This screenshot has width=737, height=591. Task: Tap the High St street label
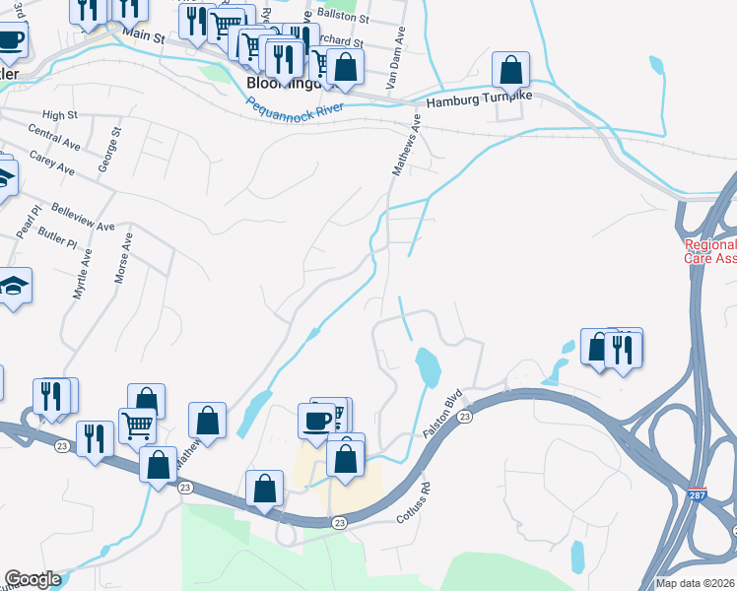coord(60,115)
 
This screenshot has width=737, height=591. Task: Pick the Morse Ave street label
coord(123,258)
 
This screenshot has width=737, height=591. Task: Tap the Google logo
coord(32,579)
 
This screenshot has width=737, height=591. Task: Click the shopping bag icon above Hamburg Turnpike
coord(510,70)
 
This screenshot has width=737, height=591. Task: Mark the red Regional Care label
coord(709,251)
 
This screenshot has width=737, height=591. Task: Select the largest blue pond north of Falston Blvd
coord(429,367)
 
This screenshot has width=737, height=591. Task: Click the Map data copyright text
coord(695,583)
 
